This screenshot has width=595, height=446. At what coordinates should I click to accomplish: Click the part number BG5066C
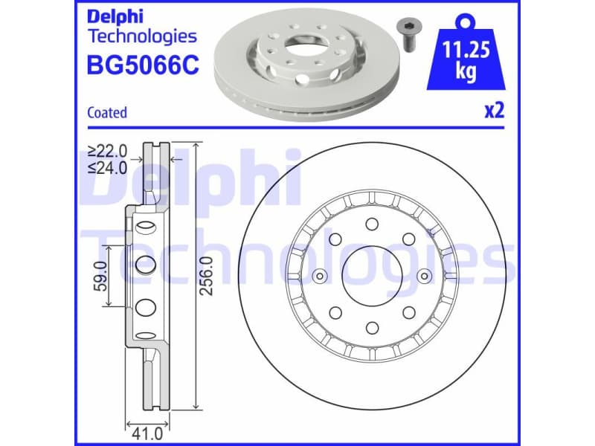pos(143,66)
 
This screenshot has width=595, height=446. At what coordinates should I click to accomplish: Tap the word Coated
pos(107,113)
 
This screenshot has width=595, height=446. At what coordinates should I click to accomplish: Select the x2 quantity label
pos(495,111)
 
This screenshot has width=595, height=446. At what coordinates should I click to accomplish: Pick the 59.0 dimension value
pos(103,276)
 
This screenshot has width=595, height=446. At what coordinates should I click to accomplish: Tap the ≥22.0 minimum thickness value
pos(107,150)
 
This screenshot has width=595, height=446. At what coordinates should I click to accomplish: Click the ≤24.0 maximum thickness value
pos(107,167)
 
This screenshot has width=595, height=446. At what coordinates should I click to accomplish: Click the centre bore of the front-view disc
pos(371,276)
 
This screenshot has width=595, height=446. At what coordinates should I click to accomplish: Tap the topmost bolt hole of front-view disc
pos(371,224)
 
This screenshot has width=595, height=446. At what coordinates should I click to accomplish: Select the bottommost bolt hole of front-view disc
pos(371,328)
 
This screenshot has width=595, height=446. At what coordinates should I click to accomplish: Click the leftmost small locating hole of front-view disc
pos(320,277)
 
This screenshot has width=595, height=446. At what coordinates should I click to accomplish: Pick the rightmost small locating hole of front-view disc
pos(423,277)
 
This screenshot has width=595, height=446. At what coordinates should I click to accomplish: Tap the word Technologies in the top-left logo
pos(142,36)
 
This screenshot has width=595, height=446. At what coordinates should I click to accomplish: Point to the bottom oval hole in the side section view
pos(147,306)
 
